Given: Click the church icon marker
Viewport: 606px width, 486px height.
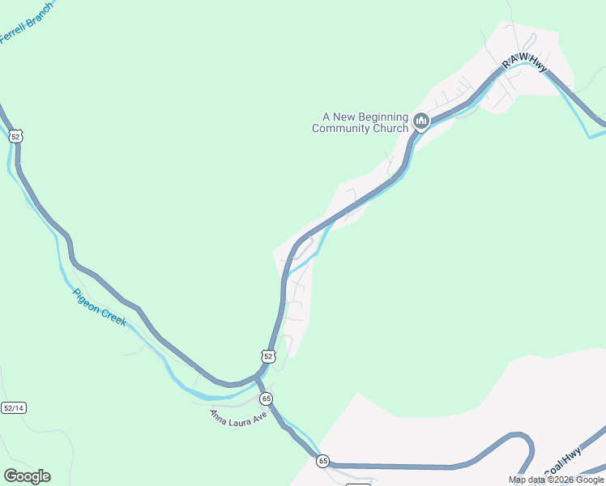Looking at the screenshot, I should [x=420, y=122].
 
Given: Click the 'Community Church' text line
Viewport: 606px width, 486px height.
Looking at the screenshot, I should [x=361, y=128].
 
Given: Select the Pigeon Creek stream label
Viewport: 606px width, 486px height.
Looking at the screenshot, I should [x=100, y=307].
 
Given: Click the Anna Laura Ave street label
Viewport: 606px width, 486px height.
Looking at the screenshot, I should [x=237, y=418].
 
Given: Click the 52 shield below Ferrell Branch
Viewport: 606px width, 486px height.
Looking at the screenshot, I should [x=16, y=136].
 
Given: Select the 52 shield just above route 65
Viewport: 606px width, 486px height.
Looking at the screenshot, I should [x=269, y=356].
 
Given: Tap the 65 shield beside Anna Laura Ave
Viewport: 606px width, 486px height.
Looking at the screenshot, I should [x=266, y=399].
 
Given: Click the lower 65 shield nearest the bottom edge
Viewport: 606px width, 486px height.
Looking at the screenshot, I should [x=323, y=461].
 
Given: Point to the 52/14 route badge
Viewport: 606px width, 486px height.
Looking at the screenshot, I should [x=14, y=407].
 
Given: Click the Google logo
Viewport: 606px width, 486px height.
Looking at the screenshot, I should [x=27, y=476].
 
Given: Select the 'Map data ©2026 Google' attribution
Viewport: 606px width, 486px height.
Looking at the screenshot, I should [x=556, y=480].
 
